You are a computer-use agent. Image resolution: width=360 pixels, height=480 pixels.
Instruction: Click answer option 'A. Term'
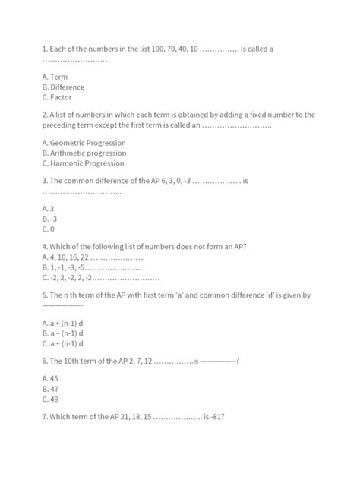click(x=55, y=77)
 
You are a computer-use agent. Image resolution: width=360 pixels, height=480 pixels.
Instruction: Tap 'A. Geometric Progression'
click(x=84, y=142)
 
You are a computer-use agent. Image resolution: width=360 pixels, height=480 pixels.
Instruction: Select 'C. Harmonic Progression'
click(x=84, y=163)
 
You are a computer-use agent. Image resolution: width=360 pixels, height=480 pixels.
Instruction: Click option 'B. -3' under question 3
click(x=50, y=218)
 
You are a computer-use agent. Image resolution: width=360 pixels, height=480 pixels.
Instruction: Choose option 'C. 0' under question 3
click(x=49, y=229)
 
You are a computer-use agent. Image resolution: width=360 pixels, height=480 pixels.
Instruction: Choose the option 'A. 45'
click(x=51, y=377)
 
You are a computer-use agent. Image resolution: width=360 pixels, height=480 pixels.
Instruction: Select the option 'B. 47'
click(x=51, y=388)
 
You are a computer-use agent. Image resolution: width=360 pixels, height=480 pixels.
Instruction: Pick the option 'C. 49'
click(x=51, y=399)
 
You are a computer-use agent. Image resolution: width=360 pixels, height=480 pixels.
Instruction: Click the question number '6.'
click(x=46, y=362)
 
